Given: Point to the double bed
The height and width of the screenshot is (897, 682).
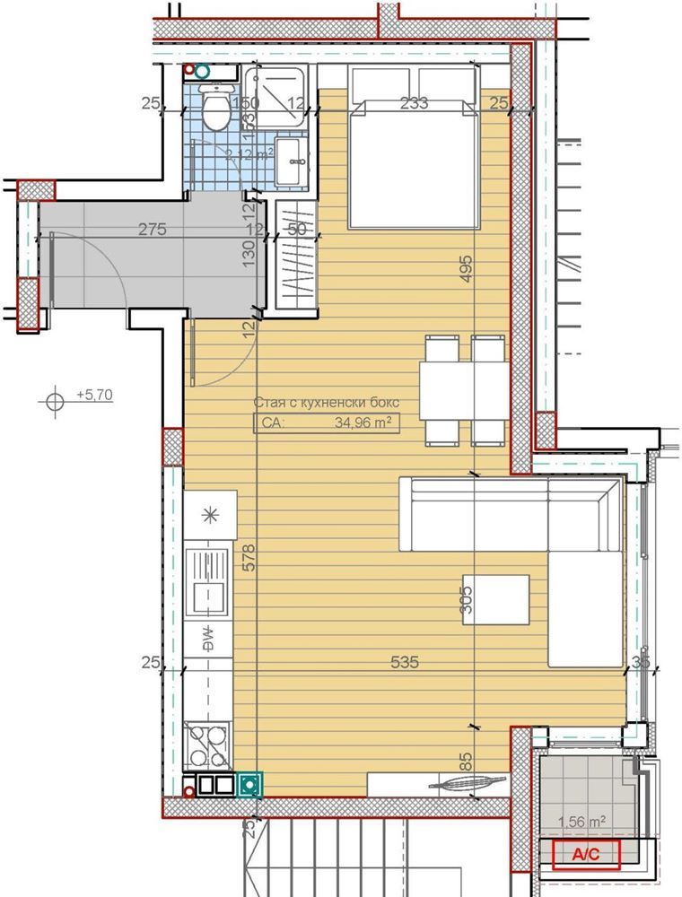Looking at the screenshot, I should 413,161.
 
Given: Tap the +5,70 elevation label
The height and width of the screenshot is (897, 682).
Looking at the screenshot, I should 94,394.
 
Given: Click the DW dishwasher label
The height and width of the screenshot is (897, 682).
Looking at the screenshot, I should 206,638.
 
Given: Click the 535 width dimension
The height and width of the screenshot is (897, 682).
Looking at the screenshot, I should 407,663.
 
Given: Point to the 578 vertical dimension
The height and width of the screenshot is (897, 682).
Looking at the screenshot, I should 249,557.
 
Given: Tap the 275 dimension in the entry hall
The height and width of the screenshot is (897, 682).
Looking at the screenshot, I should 153,229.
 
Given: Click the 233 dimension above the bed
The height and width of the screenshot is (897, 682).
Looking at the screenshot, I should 414,103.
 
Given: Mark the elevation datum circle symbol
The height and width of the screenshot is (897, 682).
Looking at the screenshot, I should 56,400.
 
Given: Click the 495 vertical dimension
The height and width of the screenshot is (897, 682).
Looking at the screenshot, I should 464,269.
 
